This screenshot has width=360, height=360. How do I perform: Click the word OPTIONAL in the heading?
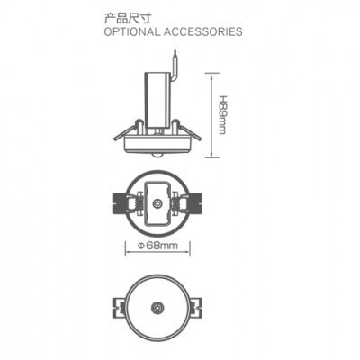(131, 31)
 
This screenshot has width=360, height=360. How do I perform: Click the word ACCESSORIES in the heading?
(203, 31)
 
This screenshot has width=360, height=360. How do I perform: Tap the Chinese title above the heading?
(127, 18)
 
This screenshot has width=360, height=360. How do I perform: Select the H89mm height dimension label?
(222, 115)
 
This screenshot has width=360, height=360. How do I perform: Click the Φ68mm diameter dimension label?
(157, 246)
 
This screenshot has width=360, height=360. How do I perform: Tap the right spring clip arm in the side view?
(186, 131)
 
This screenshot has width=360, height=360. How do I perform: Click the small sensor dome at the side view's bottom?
(157, 155)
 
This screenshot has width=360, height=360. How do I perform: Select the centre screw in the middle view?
(157, 204)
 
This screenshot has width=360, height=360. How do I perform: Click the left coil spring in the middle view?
(139, 204)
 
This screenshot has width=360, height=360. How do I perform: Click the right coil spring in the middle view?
(175, 204)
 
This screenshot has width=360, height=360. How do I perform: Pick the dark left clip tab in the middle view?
(121, 203)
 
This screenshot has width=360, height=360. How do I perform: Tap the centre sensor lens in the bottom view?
(157, 307)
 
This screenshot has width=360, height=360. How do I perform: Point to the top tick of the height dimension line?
(212, 73)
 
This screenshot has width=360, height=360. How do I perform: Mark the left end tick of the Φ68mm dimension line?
(125, 248)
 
